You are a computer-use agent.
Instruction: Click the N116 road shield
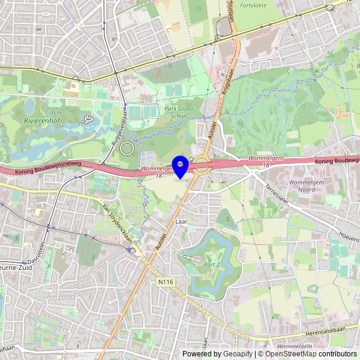(166, 280)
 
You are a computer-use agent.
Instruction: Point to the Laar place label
(181, 221)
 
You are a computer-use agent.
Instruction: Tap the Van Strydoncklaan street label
(118, 221)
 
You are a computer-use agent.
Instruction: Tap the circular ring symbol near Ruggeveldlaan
(127, 148)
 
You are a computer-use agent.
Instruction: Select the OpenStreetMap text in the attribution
(294, 354)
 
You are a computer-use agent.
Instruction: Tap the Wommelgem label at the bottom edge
(295, 347)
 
